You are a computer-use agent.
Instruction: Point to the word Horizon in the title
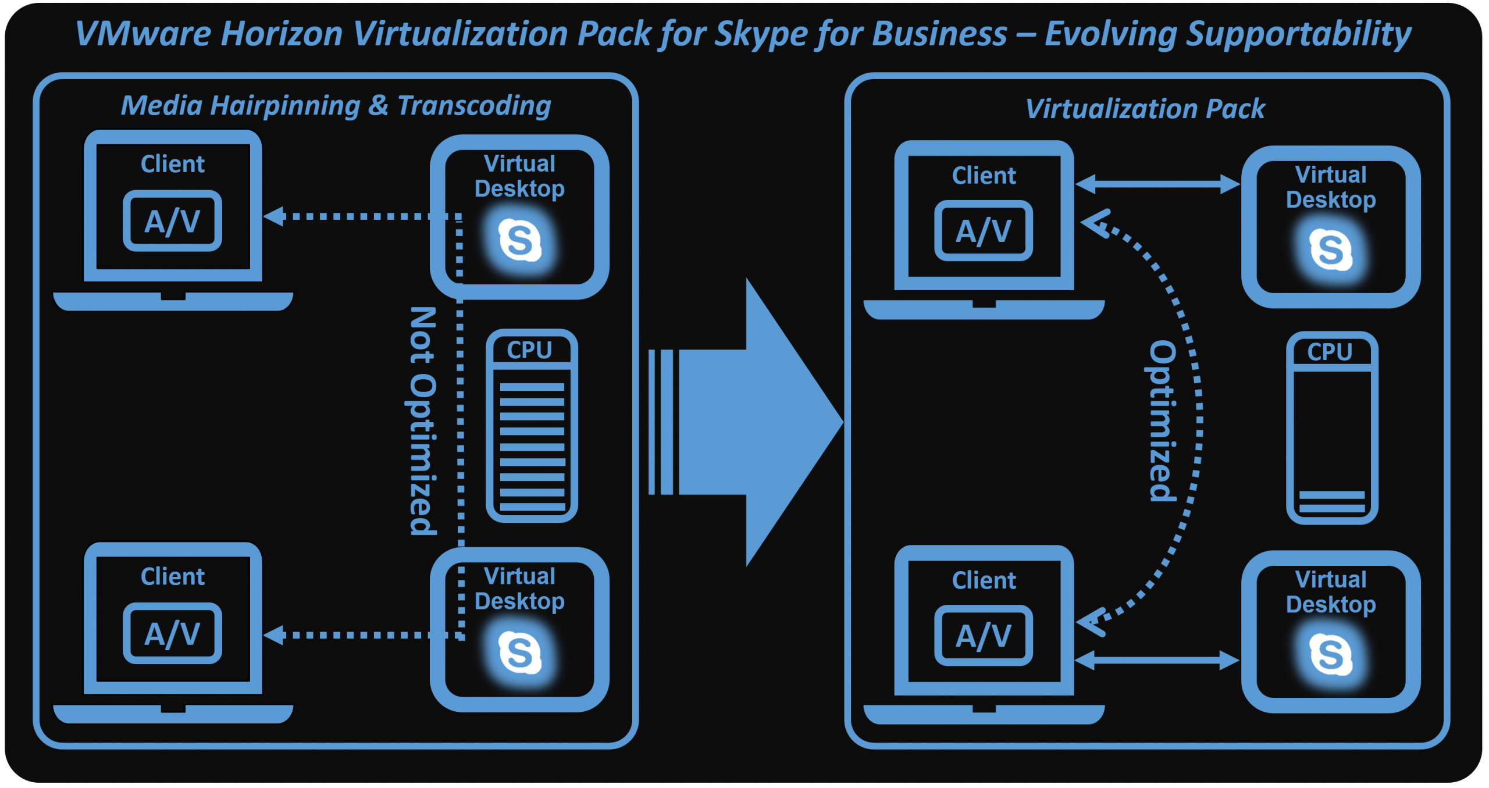point(282,34)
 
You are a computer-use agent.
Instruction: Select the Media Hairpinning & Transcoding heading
point(336,106)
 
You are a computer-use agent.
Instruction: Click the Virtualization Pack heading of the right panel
point(1145,109)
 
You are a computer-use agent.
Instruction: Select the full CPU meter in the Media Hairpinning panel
point(532,426)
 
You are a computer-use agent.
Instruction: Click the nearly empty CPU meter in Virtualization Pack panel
point(1331,428)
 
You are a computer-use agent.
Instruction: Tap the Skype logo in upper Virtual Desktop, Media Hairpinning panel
point(519,240)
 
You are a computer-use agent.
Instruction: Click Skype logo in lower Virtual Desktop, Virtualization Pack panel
point(1330,655)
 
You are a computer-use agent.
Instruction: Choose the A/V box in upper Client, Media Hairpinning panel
point(172,221)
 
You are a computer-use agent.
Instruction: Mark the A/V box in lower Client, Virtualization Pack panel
point(984,636)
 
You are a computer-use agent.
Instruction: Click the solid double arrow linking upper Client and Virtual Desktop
point(1157,184)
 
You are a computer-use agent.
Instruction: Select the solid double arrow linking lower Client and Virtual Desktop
point(1157,660)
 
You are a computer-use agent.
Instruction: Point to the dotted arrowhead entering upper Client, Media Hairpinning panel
point(275,216)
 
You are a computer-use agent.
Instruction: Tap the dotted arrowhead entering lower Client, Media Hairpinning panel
point(275,635)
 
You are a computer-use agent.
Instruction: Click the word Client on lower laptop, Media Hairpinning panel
point(172,576)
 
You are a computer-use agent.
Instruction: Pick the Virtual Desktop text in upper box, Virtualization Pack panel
point(1331,187)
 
